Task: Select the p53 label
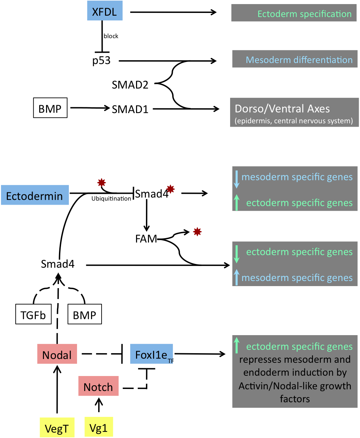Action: tap(102, 61)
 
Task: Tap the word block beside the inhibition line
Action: tap(111, 36)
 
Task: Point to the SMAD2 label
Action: tap(130, 85)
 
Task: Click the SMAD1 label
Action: tap(130, 109)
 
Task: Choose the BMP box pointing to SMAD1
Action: tap(50, 108)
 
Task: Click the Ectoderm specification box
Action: tap(294, 13)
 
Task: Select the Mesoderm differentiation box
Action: tap(295, 59)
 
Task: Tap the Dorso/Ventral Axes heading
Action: tap(282, 109)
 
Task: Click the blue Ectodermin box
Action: tap(35, 195)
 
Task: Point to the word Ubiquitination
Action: tap(111, 199)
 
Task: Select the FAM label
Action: tap(146, 239)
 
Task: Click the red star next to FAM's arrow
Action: tap(197, 232)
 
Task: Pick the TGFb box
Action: tap(33, 314)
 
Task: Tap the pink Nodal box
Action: tap(57, 354)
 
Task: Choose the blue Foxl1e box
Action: tap(152, 354)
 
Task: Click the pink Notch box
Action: tap(98, 386)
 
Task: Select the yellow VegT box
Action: tap(57, 428)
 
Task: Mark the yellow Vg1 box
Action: tap(99, 427)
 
